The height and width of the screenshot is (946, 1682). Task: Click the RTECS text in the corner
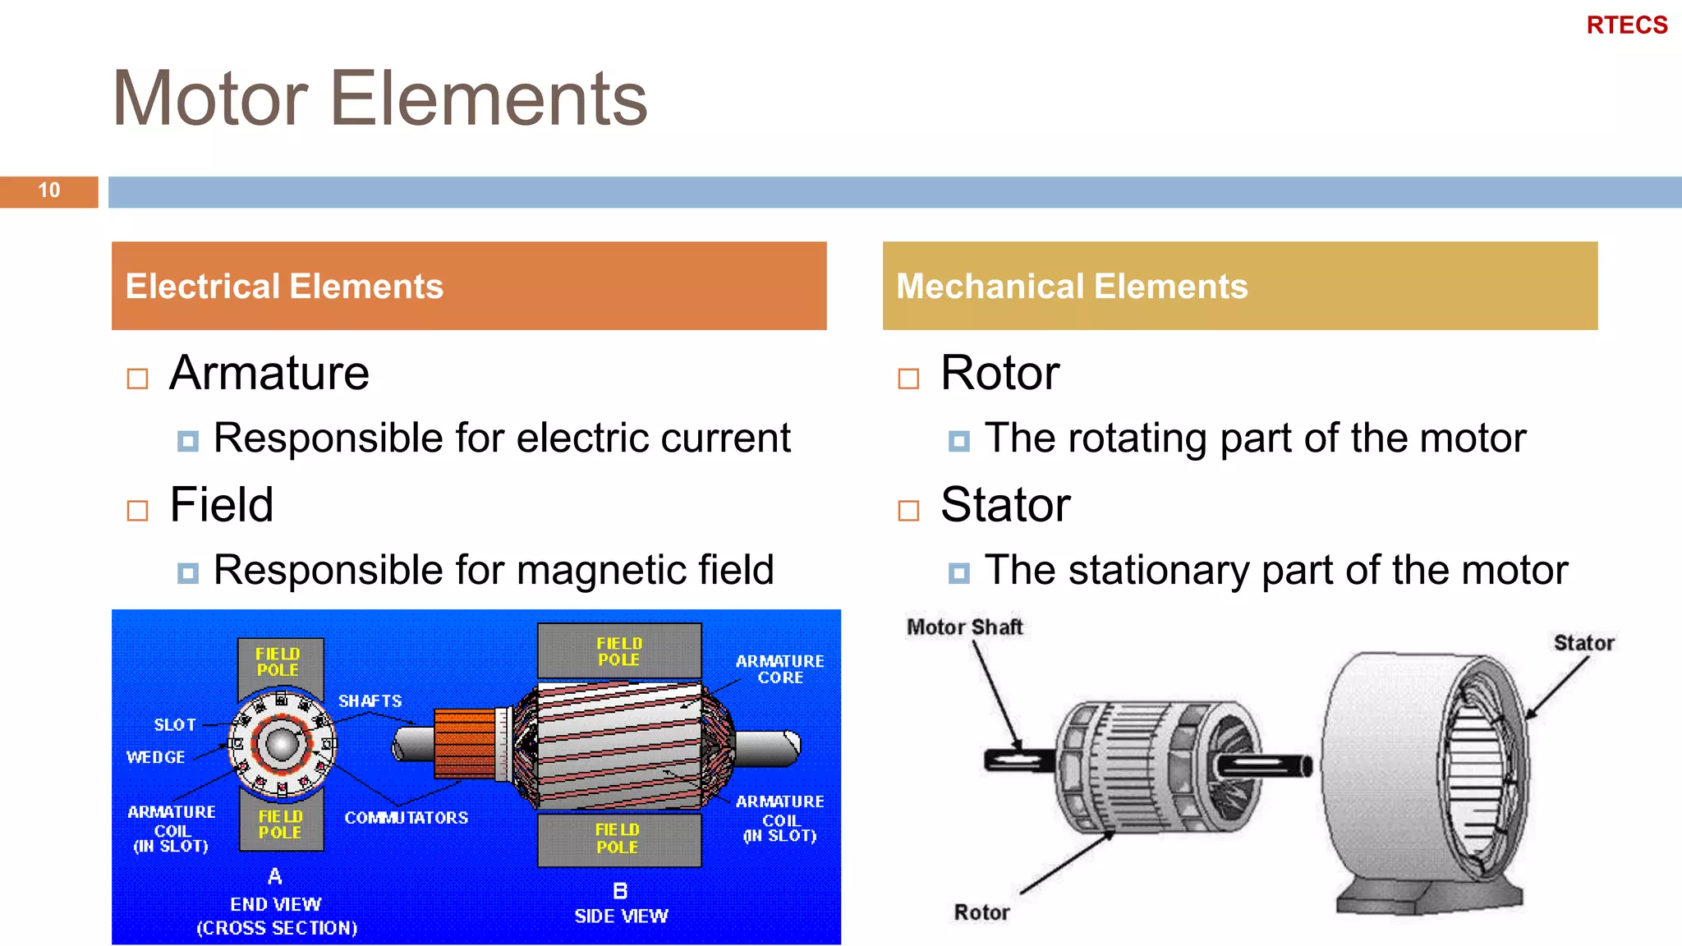[x=1626, y=25]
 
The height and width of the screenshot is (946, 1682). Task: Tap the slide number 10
[x=48, y=191]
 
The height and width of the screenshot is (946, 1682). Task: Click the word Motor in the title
[x=210, y=99]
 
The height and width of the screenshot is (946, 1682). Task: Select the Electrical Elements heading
[x=284, y=287]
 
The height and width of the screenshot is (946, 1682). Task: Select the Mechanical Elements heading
[x=1072, y=287]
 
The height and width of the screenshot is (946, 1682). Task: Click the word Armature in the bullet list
[x=269, y=374]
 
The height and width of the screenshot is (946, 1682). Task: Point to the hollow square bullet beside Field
[x=137, y=511]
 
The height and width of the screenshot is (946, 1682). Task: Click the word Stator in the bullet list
[x=1005, y=505]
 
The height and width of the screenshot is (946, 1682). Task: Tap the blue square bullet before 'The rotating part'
[x=958, y=441]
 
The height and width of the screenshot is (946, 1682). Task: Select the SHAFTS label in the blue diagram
[x=370, y=701]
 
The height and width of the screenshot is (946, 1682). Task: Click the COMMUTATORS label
[x=406, y=818]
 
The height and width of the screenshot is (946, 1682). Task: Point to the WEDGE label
[x=155, y=757]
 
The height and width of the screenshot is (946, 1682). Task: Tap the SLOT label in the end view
[x=175, y=725]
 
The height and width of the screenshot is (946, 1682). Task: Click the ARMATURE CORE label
[x=779, y=669]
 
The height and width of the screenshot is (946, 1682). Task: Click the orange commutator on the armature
[x=465, y=743]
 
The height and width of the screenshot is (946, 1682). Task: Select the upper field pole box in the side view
[x=619, y=651]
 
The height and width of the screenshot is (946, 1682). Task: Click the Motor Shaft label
[x=964, y=627]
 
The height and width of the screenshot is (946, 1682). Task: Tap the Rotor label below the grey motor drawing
[x=981, y=912]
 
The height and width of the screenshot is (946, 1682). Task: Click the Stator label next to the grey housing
[x=1583, y=643]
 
